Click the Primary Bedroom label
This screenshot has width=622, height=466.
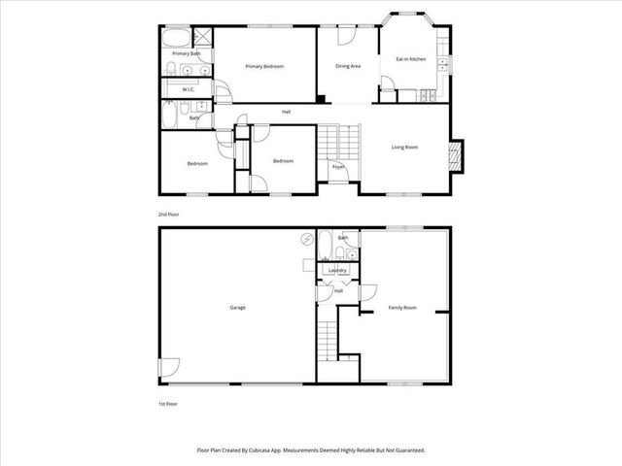(264, 66)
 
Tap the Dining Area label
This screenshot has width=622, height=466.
(348, 66)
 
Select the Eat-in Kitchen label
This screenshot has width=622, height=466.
(410, 59)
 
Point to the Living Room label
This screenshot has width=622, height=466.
(404, 147)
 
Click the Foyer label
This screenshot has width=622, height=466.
(338, 167)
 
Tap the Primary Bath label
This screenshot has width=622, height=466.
(187, 53)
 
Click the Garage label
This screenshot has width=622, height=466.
(237, 308)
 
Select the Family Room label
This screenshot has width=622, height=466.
(402, 308)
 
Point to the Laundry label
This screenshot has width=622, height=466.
(338, 270)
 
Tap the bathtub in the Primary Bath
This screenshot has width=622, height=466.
(178, 39)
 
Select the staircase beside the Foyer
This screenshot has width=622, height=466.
(342, 142)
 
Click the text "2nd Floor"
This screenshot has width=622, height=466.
(169, 213)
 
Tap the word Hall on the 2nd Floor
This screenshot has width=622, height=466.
(287, 111)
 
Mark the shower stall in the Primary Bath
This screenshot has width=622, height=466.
(204, 39)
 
